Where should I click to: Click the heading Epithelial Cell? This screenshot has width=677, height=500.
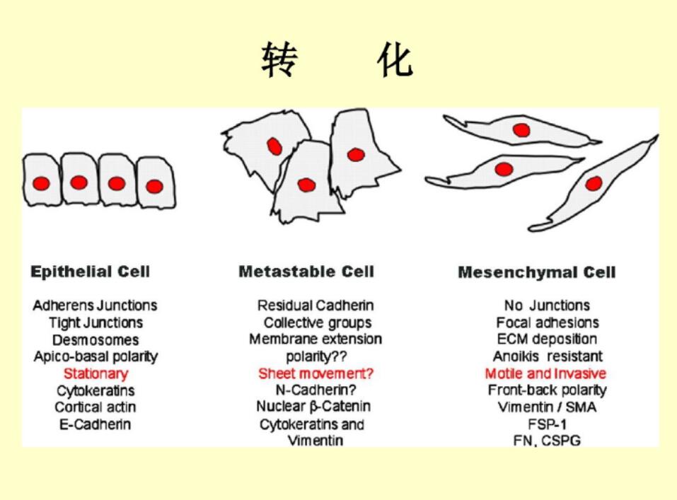[91, 272]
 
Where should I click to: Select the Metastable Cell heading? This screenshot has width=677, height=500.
[306, 272]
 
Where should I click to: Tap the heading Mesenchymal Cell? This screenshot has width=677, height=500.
[537, 272]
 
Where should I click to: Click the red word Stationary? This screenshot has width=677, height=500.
[96, 373]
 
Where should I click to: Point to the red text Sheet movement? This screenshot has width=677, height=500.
[316, 373]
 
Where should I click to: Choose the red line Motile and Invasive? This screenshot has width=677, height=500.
[545, 373]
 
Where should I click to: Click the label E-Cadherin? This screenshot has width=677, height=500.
[95, 424]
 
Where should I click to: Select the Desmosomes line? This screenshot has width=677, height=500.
[96, 339]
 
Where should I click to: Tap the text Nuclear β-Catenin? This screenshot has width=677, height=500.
[313, 407]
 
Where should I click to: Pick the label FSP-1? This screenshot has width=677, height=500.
[547, 424]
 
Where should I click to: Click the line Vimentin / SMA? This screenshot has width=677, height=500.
[547, 407]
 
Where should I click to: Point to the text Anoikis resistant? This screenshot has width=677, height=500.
[548, 356]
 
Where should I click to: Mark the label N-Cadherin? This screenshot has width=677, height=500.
[316, 390]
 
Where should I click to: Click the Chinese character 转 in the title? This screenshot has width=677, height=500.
[279, 59]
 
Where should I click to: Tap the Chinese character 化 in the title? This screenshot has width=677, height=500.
[395, 59]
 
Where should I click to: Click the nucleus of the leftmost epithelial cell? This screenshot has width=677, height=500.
[42, 183]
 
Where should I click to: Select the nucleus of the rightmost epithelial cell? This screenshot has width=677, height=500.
[154, 187]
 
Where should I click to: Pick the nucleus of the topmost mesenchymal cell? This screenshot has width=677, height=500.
[521, 130]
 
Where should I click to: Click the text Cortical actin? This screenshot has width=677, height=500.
[96, 407]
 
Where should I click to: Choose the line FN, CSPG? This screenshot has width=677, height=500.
[547, 441]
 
